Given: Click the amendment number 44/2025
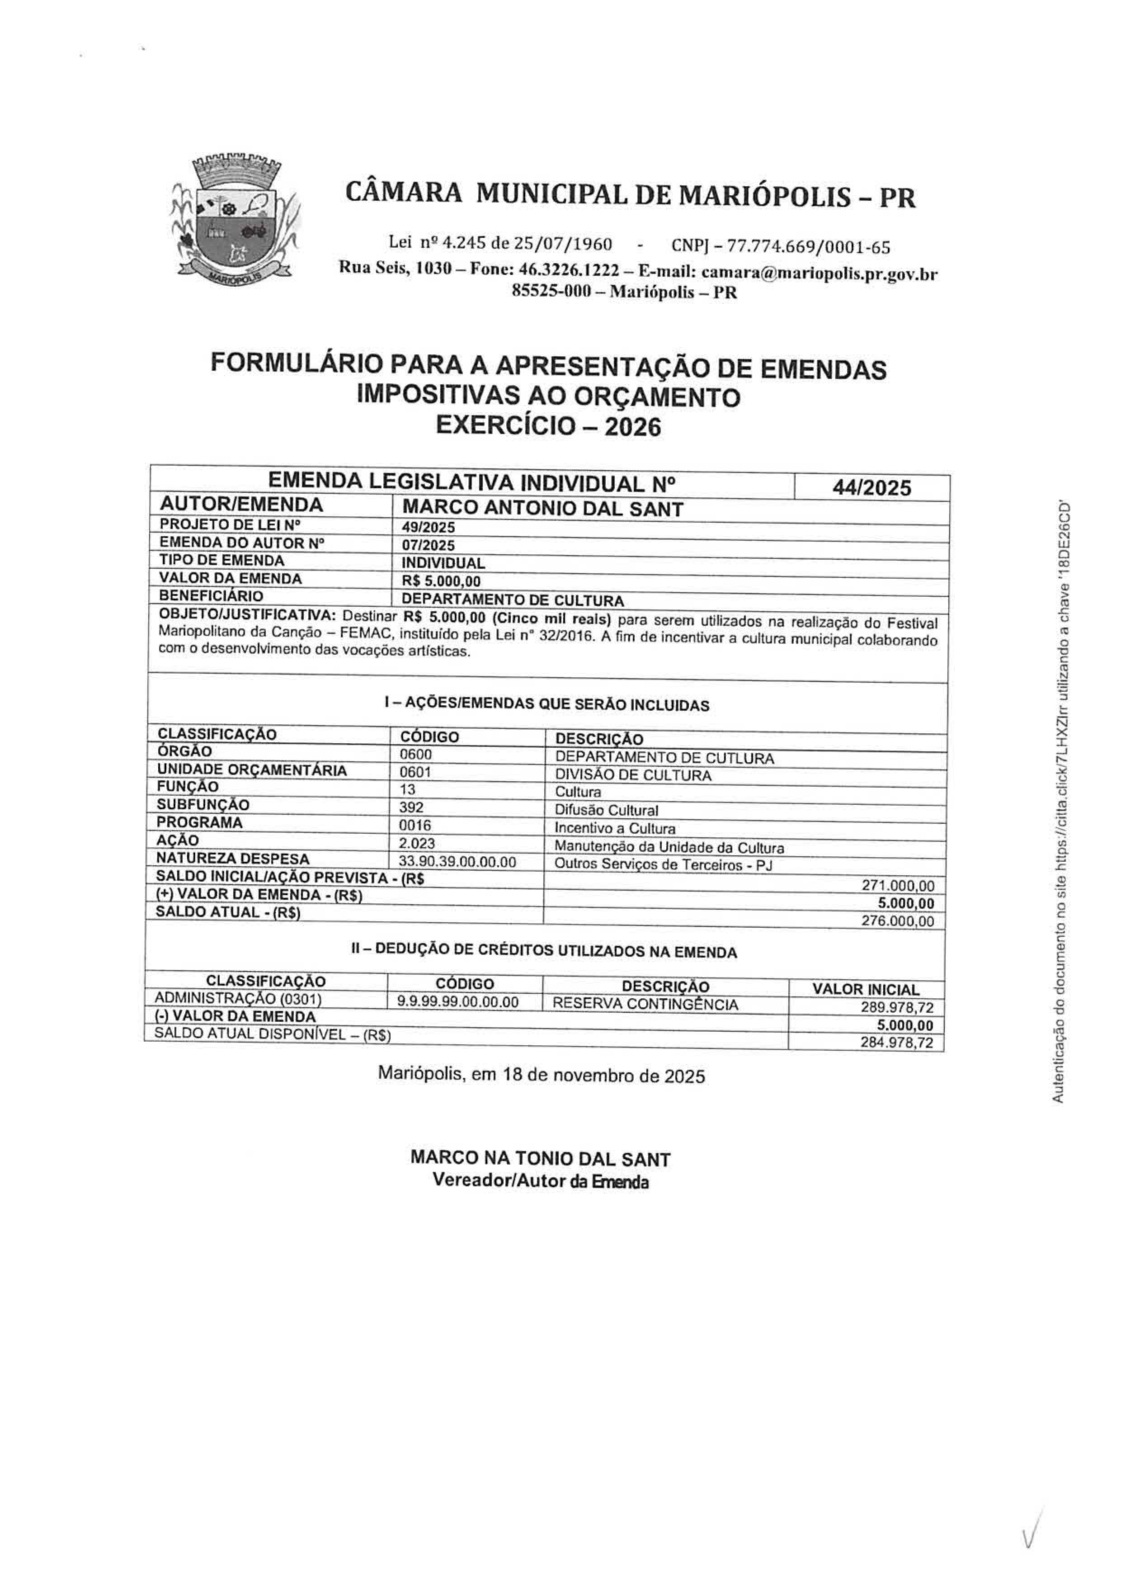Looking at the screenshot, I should (x=871, y=488).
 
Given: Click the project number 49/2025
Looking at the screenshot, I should (x=428, y=528).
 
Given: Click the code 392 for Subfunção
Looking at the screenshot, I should (x=412, y=807).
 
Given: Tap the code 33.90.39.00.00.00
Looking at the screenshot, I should (x=457, y=861).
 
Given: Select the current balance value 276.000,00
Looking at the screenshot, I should (x=897, y=921).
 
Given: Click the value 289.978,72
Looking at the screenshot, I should (x=896, y=1008).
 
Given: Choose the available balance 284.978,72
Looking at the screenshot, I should (x=896, y=1043).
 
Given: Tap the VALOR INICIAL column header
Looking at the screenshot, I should (x=866, y=989).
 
